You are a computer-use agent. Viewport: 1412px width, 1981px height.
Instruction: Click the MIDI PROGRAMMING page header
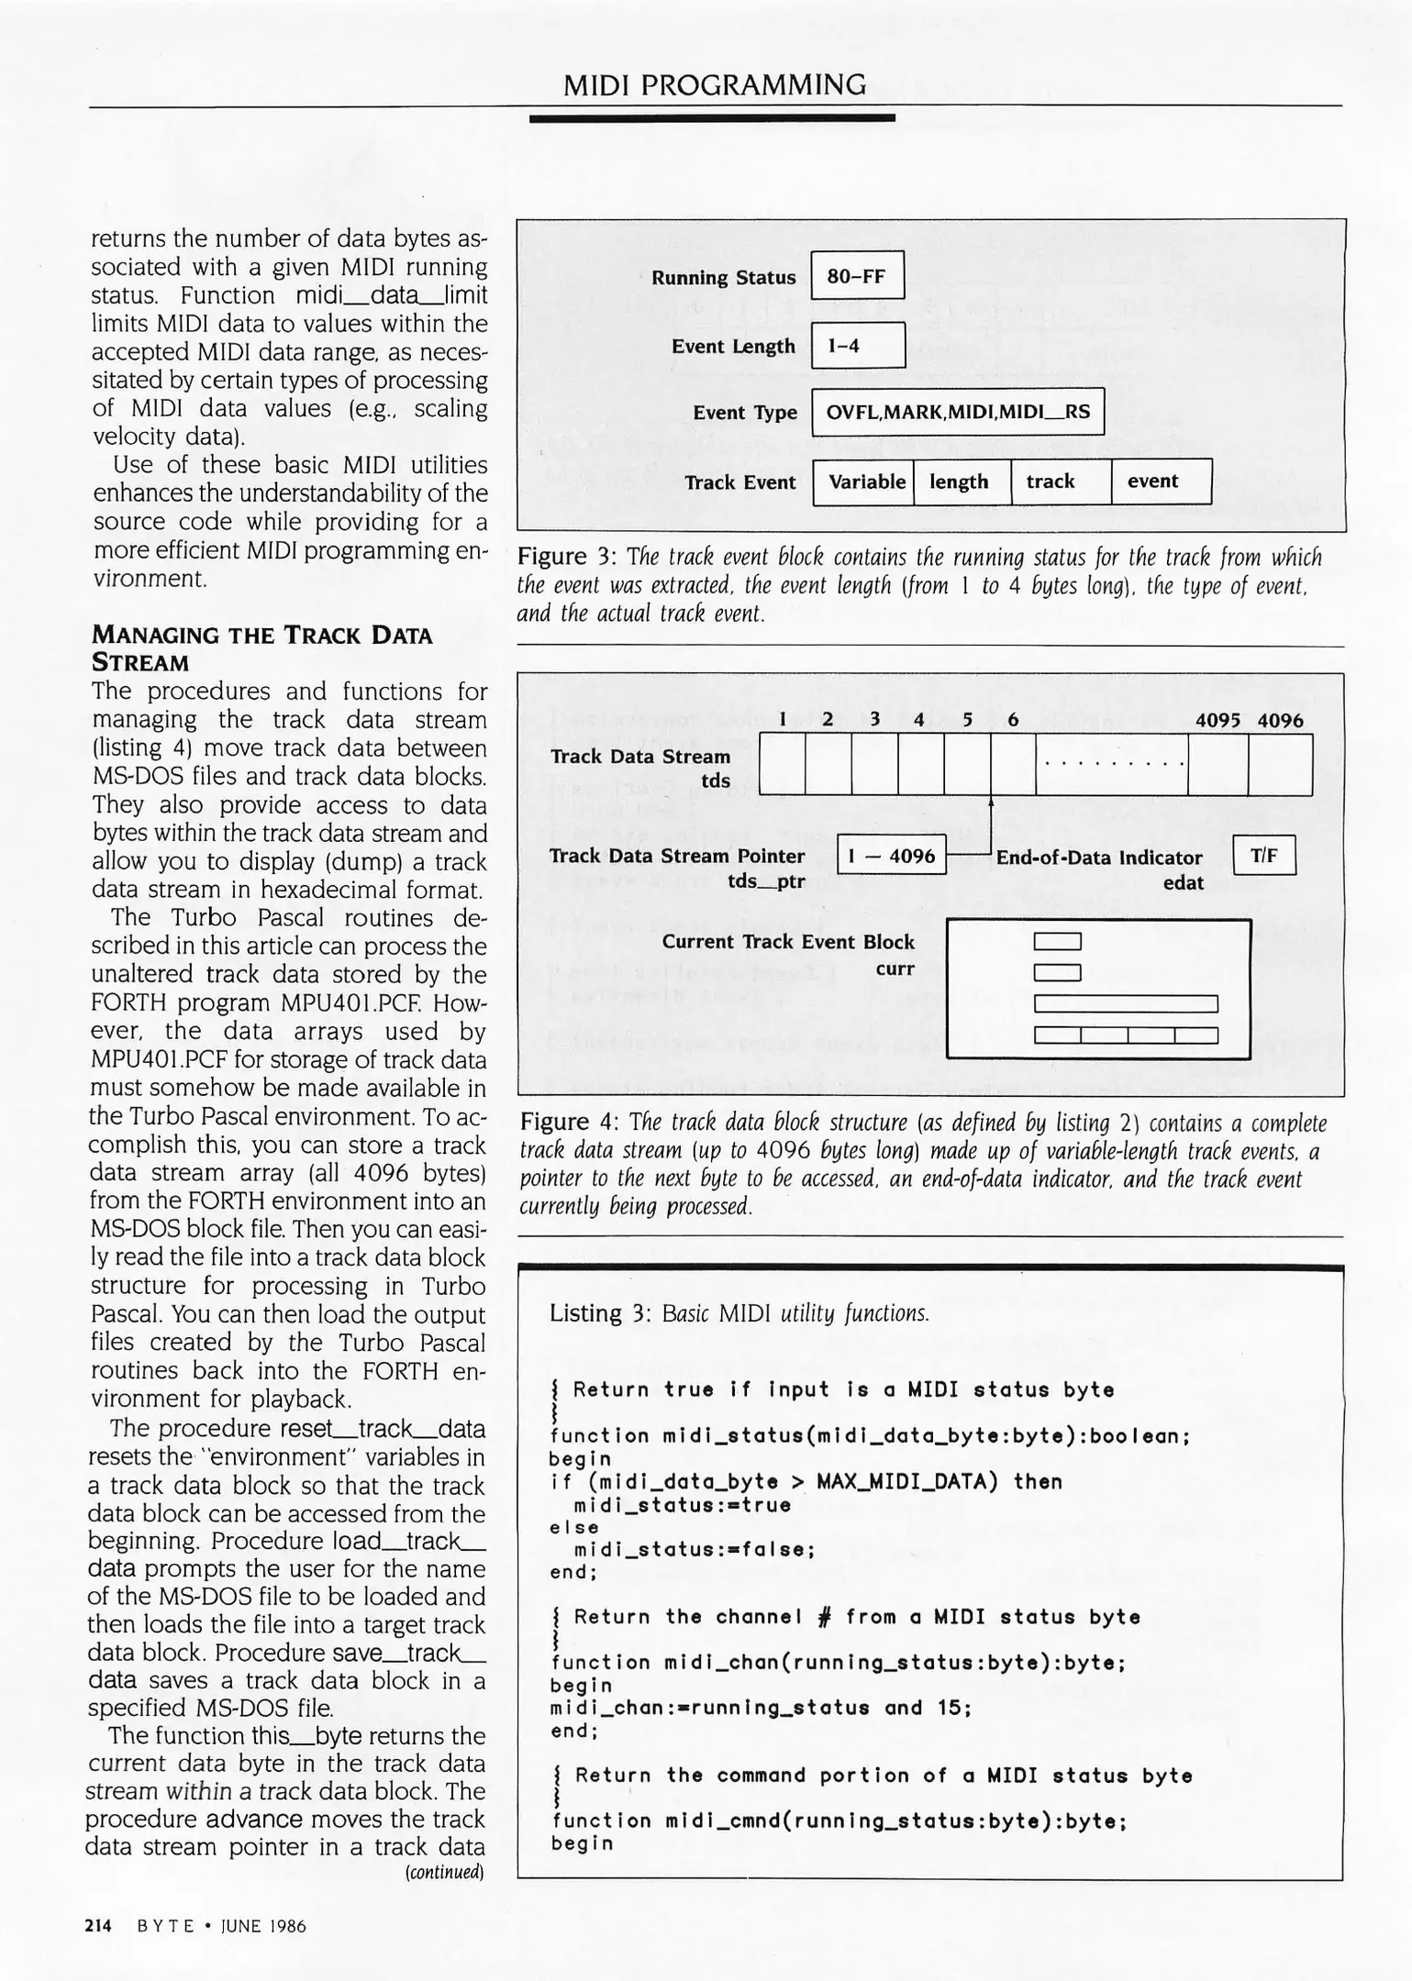pyautogui.click(x=714, y=85)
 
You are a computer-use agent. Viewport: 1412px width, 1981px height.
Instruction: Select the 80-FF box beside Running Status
pyautogui.click(x=857, y=275)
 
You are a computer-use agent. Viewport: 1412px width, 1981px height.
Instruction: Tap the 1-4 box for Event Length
pyautogui.click(x=857, y=346)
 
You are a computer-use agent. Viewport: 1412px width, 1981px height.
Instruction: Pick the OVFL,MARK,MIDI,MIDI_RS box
pyautogui.click(x=957, y=412)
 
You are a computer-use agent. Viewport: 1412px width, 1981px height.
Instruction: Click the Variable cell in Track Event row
pyautogui.click(x=864, y=481)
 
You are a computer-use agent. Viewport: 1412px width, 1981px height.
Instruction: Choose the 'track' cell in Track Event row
pyautogui.click(x=1060, y=481)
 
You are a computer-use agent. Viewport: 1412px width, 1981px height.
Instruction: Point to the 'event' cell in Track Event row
pyautogui.click(x=1161, y=481)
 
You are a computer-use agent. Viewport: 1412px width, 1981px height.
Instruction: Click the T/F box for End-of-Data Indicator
pyautogui.click(x=1263, y=856)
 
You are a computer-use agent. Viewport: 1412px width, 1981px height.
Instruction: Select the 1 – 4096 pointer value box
pyautogui.click(x=891, y=856)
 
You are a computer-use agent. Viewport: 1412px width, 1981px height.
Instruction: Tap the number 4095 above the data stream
pyautogui.click(x=1217, y=721)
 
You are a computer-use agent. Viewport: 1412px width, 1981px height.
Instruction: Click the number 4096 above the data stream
pyautogui.click(x=1280, y=721)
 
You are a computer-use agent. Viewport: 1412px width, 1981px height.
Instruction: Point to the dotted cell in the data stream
pyautogui.click(x=1111, y=764)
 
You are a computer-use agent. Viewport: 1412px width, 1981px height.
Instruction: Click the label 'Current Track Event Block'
pyautogui.click(x=788, y=942)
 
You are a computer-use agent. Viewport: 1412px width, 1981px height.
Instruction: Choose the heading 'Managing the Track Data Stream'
pyautogui.click(x=261, y=647)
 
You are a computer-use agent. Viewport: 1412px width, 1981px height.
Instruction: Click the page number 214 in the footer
pyautogui.click(x=97, y=1926)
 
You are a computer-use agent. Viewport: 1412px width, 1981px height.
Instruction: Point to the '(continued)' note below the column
pyautogui.click(x=444, y=1872)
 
